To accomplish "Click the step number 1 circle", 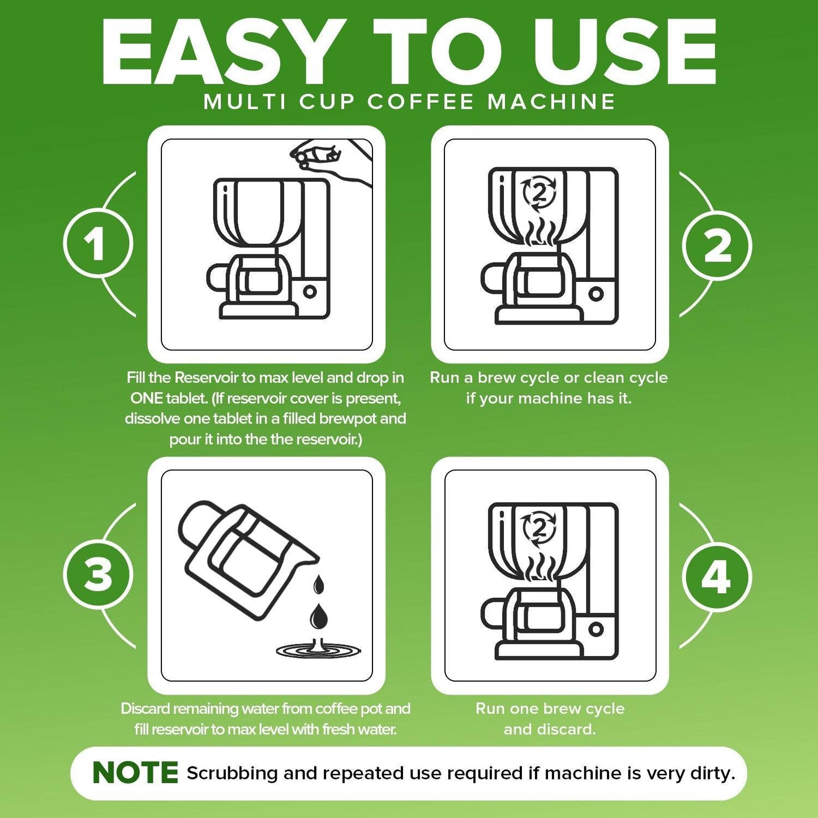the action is click(x=98, y=243).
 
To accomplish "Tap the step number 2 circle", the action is click(x=717, y=247).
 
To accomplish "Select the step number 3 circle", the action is click(x=98, y=575).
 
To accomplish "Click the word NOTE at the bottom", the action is click(x=135, y=773).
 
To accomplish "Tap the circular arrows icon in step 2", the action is click(x=539, y=194).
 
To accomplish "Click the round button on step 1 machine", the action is click(x=310, y=292).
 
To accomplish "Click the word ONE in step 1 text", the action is click(x=147, y=398).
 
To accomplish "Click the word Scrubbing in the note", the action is click(x=232, y=774).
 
